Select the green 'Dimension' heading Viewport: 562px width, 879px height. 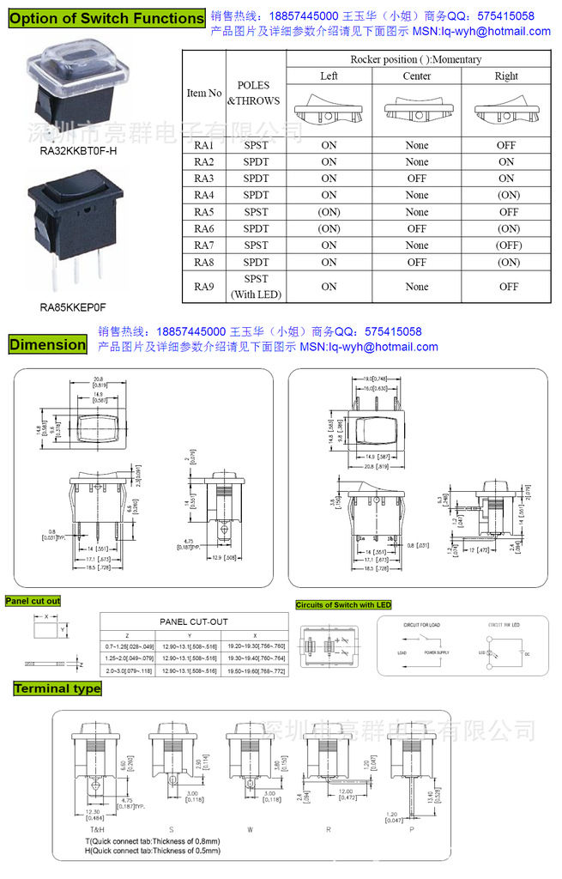pos(48,344)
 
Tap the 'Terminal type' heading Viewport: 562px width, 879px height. pos(57,688)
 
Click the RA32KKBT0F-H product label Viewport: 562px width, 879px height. pos(78,151)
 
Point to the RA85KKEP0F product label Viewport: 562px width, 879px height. pos(73,306)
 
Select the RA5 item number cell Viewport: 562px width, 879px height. pos(203,212)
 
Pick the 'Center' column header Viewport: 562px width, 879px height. pos(417,76)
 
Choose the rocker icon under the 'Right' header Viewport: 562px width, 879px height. pos(506,112)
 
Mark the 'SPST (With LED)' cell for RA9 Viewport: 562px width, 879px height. pos(256,287)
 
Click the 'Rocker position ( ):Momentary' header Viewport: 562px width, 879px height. pos(416,59)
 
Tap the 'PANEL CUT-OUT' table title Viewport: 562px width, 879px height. pos(194,621)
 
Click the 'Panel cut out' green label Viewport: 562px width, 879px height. pos(33,601)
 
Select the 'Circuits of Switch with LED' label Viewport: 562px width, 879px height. pos(343,605)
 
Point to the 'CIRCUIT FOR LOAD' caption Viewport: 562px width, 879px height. pos(421,625)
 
